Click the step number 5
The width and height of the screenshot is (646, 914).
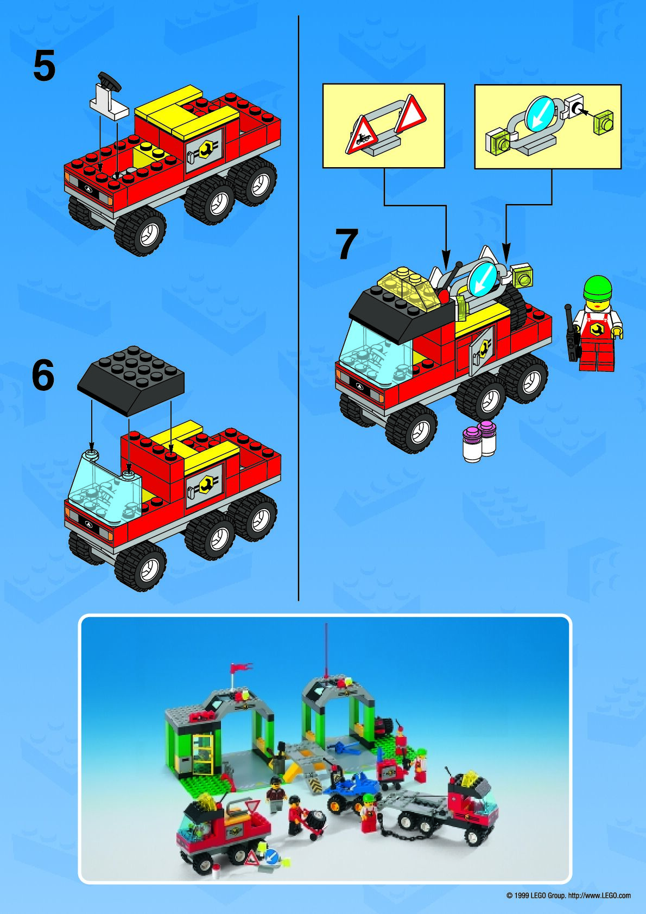click(x=44, y=67)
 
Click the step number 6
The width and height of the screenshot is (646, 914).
click(x=43, y=376)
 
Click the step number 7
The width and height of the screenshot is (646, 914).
click(x=346, y=244)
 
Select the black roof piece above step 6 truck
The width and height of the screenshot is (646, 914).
click(x=131, y=380)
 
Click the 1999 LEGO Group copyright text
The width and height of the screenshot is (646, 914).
click(x=568, y=896)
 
